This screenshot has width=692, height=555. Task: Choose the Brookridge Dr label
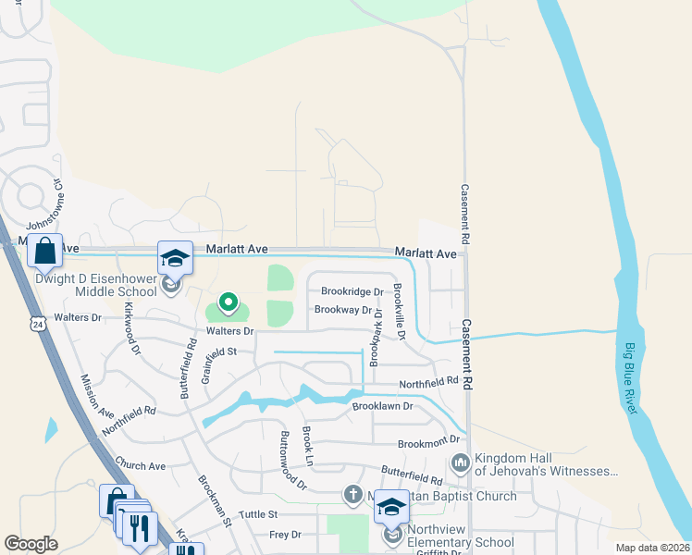[x=352, y=291]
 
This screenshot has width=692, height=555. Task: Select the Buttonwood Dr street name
[x=292, y=459]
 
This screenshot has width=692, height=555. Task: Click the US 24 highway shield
[x=38, y=325]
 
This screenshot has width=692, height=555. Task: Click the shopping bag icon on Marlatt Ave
[x=44, y=250]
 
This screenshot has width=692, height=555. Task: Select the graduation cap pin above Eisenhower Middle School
[x=175, y=259]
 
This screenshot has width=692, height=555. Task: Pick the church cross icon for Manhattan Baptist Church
[x=352, y=495]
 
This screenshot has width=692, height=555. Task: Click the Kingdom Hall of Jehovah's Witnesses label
[x=544, y=465]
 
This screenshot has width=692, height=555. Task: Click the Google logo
[x=31, y=544]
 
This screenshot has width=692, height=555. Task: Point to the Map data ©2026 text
[x=651, y=548]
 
